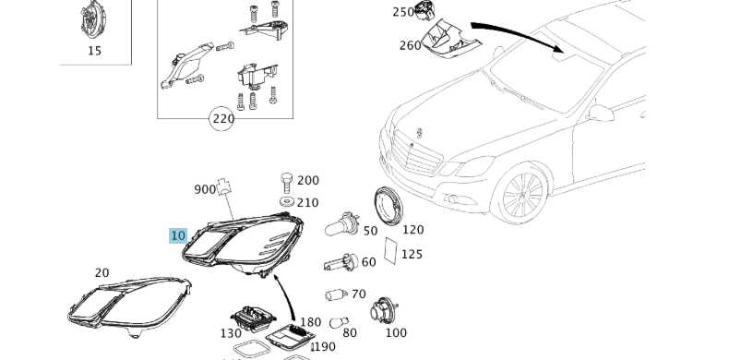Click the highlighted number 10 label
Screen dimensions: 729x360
pyautogui.click(x=178, y=235)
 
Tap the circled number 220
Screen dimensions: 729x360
pyautogui.click(x=222, y=119)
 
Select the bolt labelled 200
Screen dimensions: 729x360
pyautogui.click(x=286, y=183)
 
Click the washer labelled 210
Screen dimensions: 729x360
pyautogui.click(x=287, y=201)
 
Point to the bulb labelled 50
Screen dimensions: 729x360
pyautogui.click(x=341, y=224)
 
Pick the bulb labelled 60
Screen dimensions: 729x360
pyautogui.click(x=341, y=263)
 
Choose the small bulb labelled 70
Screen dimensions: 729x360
pyautogui.click(x=336, y=294)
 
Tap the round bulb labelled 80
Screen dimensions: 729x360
pyautogui.click(x=339, y=322)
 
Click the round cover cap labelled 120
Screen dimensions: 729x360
pyautogui.click(x=388, y=206)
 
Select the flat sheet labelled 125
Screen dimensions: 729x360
pyautogui.click(x=391, y=251)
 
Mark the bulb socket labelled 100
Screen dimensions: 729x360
pyautogui.click(x=384, y=311)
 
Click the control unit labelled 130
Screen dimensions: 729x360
pyautogui.click(x=254, y=318)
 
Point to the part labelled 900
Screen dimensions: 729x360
pyautogui.click(x=224, y=186)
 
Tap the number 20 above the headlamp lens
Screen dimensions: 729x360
pyautogui.click(x=102, y=273)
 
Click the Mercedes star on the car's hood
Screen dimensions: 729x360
pyautogui.click(x=419, y=133)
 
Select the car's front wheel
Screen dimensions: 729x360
pyautogui.click(x=522, y=195)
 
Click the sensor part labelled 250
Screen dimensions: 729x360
pyautogui.click(x=424, y=10)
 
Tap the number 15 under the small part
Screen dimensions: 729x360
pyautogui.click(x=94, y=51)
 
